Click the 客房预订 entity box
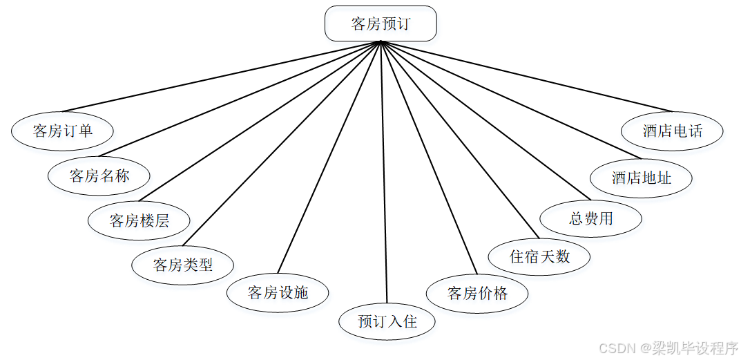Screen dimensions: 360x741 click(381, 23)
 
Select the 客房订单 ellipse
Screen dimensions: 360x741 click(63, 130)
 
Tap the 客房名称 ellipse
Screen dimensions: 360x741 click(99, 176)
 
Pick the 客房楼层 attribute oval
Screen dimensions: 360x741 click(139, 220)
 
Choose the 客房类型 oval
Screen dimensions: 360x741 click(183, 264)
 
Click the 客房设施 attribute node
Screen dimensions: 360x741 click(278, 292)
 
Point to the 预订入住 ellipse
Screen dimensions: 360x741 click(387, 321)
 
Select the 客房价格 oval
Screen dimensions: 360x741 click(477, 293)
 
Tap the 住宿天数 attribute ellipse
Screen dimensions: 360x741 click(539, 256)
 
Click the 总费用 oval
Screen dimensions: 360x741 click(590, 219)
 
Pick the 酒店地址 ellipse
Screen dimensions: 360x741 click(641, 178)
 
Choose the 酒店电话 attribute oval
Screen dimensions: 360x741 click(672, 131)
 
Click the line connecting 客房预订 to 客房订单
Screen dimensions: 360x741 click(221, 76)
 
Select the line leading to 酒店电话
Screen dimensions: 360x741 click(526, 76)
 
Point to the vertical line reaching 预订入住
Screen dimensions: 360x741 click(384, 173)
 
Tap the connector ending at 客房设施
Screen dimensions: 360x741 click(329, 158)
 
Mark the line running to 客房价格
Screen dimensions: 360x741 click(429, 158)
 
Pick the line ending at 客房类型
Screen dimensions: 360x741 click(282, 144)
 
